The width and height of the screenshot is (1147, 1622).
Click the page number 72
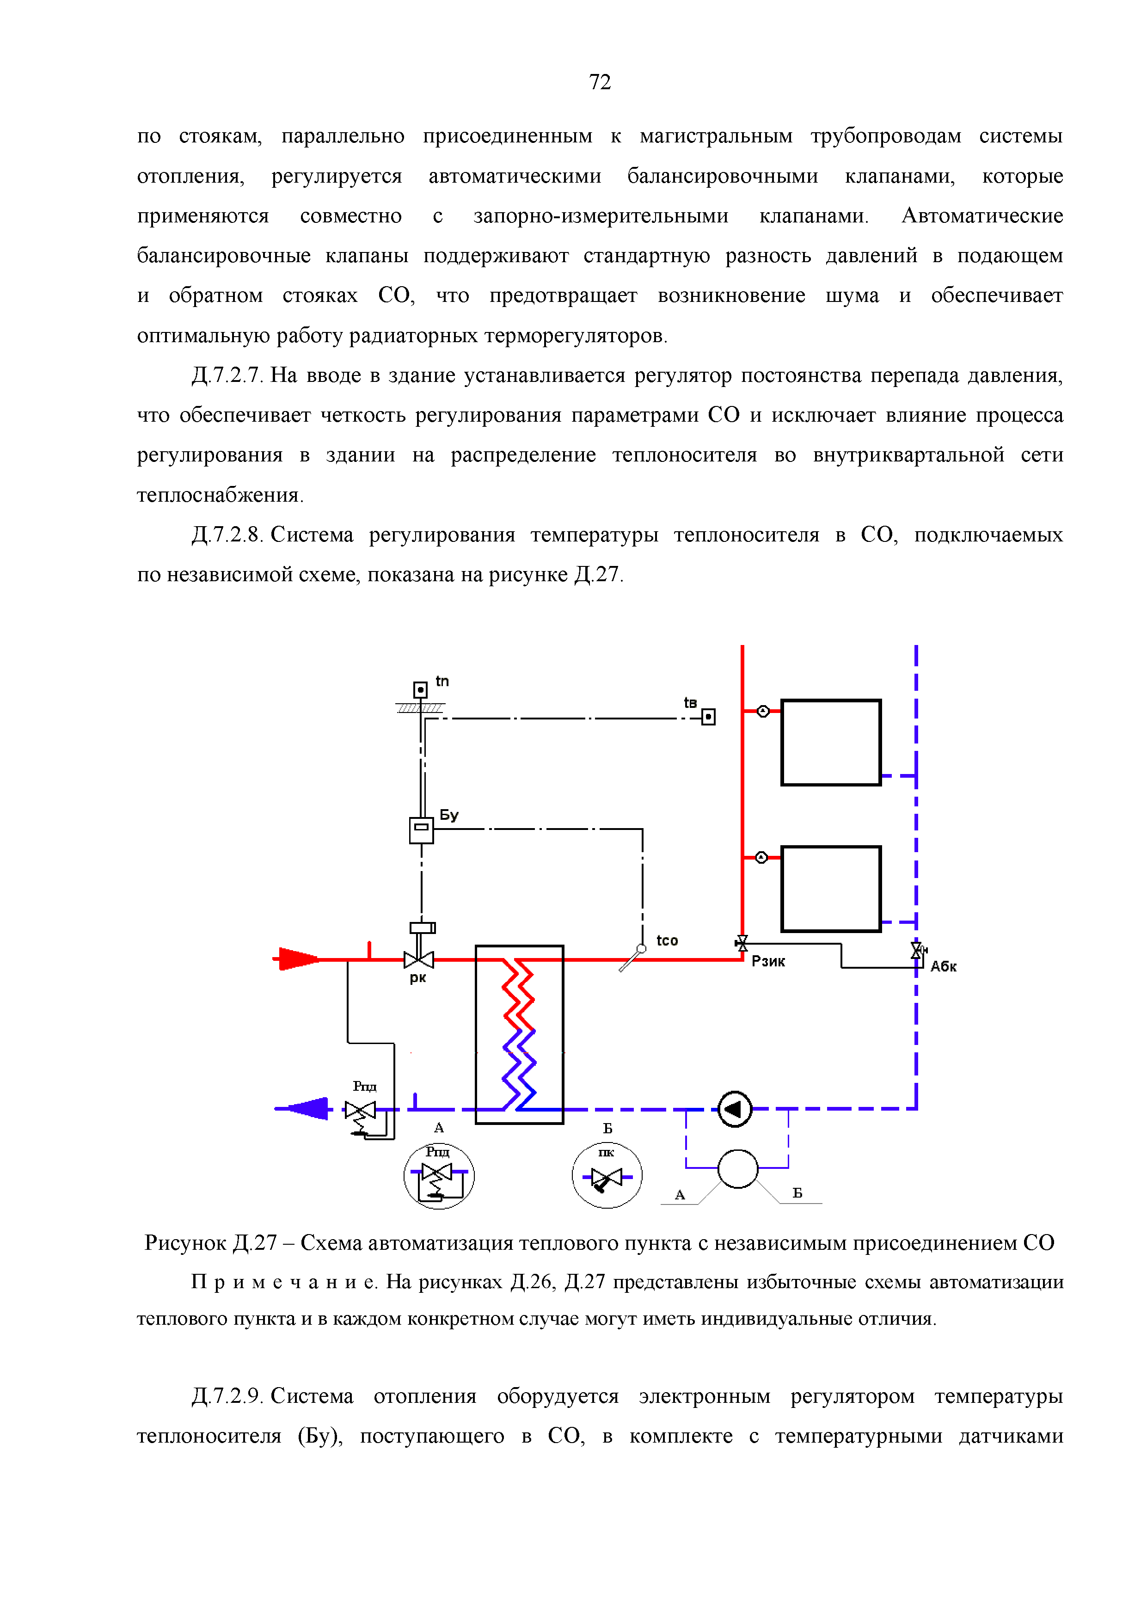[600, 83]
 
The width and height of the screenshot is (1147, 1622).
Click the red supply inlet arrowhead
[299, 958]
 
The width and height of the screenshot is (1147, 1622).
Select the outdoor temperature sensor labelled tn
[420, 689]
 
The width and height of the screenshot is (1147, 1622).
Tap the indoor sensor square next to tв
[708, 717]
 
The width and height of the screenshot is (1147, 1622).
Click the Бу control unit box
[422, 830]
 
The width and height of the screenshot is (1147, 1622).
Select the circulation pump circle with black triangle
[735, 1109]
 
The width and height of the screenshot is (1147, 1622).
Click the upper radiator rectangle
[831, 743]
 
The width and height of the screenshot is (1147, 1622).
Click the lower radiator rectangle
[831, 889]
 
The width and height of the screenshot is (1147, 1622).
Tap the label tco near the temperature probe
[667, 940]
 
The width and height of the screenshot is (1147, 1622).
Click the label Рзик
[768, 961]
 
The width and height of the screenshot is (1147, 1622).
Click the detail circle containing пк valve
[607, 1175]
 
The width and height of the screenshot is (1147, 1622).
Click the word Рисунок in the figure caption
[185, 1243]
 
